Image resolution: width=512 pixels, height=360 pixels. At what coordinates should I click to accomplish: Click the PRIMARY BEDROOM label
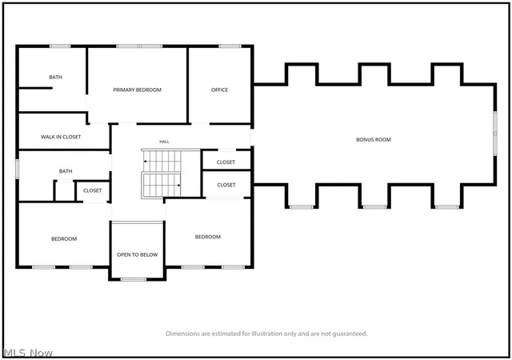[137, 90]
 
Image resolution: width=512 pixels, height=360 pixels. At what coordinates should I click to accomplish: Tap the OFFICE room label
[219, 90]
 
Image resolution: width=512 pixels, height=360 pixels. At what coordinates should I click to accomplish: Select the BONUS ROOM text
[374, 139]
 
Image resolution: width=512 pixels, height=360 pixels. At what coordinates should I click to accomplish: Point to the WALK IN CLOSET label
[61, 137]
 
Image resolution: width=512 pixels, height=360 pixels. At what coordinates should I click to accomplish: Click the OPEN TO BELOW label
[137, 255]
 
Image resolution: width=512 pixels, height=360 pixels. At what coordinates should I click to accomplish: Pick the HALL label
[164, 142]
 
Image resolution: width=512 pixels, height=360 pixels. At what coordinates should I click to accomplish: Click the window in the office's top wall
[230, 46]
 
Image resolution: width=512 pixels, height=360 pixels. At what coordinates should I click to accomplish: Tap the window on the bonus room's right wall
[495, 134]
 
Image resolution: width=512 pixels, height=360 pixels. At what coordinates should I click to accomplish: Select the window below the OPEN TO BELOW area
[134, 279]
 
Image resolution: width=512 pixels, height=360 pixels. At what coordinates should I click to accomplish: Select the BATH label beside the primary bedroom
[55, 77]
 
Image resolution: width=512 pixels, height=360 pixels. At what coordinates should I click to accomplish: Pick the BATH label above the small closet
[66, 171]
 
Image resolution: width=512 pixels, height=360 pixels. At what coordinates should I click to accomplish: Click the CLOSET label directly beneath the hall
[226, 162]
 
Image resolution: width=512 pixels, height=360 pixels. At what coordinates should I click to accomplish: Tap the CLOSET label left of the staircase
[93, 190]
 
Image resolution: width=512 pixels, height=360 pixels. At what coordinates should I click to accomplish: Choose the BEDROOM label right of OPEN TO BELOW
[208, 237]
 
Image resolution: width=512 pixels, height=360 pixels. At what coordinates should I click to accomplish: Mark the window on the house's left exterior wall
[18, 169]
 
